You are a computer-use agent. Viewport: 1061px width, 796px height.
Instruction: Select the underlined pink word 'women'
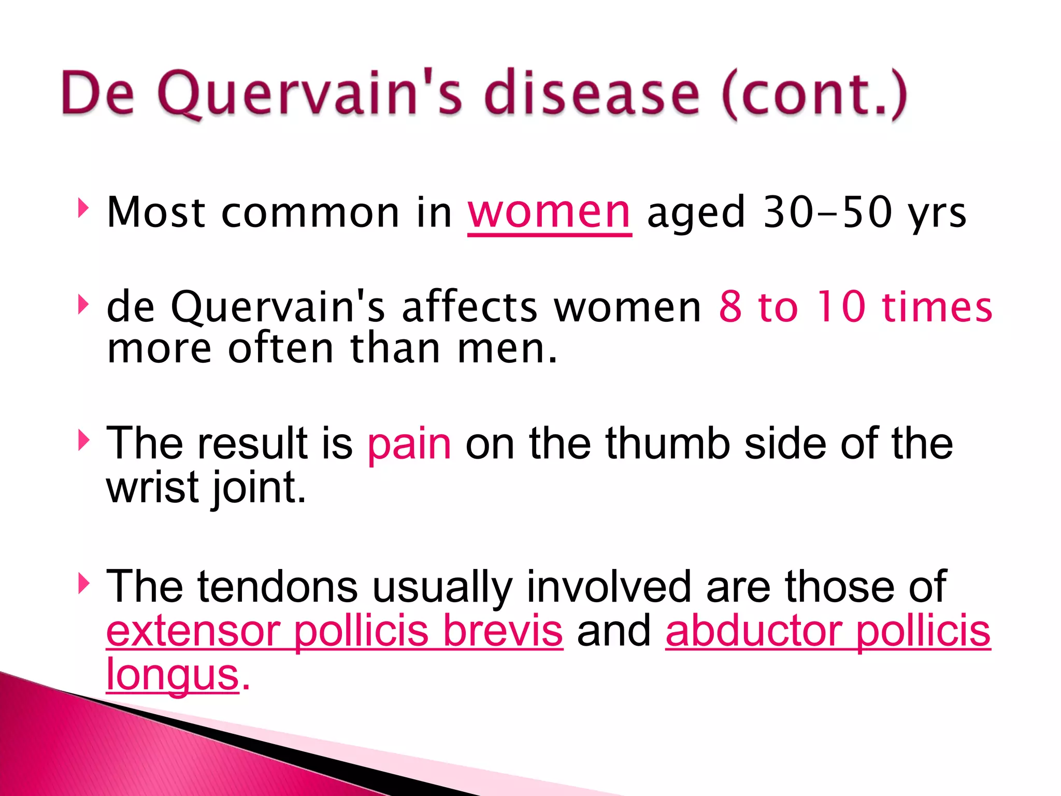[549, 212]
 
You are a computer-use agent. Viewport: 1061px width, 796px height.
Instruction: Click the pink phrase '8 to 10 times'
[855, 307]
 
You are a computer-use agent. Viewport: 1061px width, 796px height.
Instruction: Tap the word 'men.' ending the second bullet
[507, 348]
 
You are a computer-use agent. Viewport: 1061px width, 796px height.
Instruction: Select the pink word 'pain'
[409, 444]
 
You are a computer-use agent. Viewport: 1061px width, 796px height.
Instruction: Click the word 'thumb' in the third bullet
[668, 444]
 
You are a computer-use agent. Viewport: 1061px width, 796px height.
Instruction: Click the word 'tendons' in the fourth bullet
[277, 587]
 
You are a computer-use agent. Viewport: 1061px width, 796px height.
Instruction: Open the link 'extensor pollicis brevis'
[334, 631]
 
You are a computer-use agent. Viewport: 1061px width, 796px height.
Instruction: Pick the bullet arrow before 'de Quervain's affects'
[83, 305]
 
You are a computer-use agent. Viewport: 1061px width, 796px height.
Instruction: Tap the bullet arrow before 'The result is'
[83, 440]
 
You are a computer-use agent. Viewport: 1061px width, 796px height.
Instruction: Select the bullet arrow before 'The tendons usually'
[83, 584]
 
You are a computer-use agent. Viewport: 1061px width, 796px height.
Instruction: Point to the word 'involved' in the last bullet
[609, 587]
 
